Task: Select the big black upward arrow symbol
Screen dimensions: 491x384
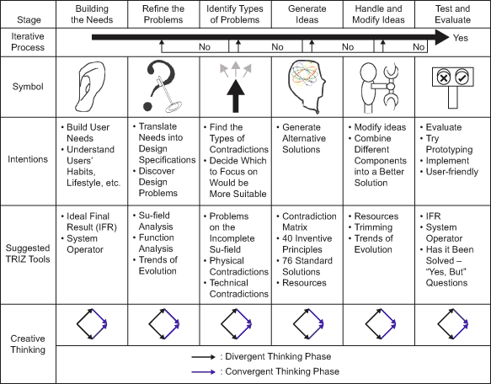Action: pos(236,96)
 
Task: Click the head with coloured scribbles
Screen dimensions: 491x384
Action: pos(307,87)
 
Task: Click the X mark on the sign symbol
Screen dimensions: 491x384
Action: pos(443,77)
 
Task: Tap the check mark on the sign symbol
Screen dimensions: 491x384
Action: pos(462,77)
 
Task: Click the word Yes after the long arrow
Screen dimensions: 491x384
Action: pos(461,38)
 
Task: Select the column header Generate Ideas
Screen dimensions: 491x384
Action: pos(307,14)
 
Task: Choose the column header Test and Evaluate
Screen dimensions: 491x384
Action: pos(452,14)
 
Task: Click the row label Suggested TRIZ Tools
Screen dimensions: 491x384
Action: pos(28,253)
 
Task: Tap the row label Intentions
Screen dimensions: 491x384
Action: pos(28,159)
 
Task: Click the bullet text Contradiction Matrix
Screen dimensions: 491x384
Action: pos(309,221)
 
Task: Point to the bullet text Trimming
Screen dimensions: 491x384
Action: pos(373,227)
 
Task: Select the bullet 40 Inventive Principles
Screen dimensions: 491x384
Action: pos(307,243)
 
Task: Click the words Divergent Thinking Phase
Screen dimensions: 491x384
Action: pos(278,356)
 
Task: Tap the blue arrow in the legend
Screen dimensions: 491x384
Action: pos(204,371)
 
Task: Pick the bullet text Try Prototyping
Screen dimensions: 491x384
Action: pos(449,144)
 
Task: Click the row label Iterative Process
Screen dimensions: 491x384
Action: pos(28,41)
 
